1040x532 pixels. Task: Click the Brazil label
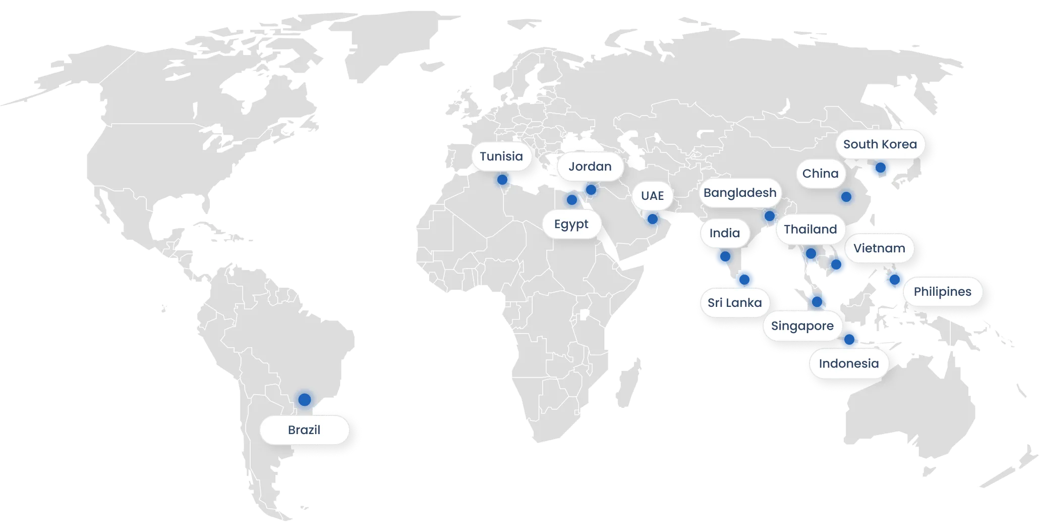304,430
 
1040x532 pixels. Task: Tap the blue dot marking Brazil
304,399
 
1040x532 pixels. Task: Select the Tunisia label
501,156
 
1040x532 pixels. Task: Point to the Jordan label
590,167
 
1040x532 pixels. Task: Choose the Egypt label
571,224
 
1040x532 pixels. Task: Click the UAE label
652,196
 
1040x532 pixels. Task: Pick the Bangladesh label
739,193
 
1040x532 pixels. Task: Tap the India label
724,233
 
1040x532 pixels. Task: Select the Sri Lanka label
734,303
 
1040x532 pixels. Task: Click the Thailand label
810,230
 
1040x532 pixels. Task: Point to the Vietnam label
879,248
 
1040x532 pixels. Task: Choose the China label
820,174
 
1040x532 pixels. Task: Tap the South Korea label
880,144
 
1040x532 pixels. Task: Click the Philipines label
942,292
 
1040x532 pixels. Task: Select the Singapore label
802,326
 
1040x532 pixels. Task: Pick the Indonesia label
848,363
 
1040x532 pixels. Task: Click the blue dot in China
846,197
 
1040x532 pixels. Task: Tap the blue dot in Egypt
571,200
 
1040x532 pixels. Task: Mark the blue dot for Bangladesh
769,216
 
